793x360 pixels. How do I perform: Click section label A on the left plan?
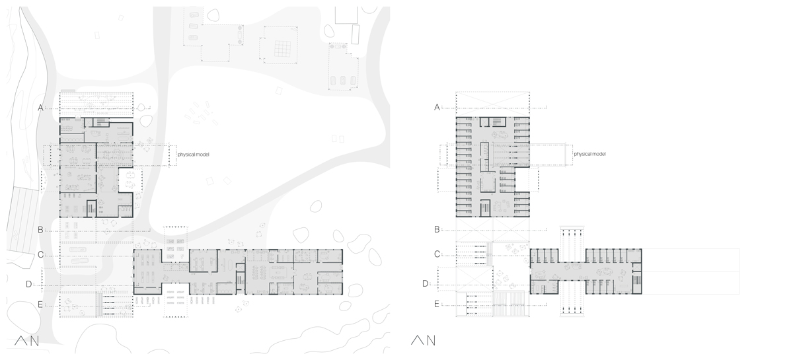41,108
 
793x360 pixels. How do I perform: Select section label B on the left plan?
41,230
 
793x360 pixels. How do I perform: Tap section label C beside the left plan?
41,255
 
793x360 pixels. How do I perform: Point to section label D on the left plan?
29,284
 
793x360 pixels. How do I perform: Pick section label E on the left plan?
40,305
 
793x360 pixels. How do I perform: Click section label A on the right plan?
437,107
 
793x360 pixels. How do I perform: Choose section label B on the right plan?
437,229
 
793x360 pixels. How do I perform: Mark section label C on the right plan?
437,254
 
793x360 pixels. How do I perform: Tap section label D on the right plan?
426,283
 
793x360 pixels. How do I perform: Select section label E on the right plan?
437,304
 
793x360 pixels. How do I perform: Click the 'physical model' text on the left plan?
193,155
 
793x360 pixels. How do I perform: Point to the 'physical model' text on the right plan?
589,154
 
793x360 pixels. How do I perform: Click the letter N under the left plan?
34,341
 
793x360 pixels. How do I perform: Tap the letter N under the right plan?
431,341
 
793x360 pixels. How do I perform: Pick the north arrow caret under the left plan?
21,341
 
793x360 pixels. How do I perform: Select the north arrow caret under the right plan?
418,340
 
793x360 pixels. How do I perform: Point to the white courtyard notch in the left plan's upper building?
126,180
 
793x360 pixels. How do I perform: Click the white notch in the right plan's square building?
522,180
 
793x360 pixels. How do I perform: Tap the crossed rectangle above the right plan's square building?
492,104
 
